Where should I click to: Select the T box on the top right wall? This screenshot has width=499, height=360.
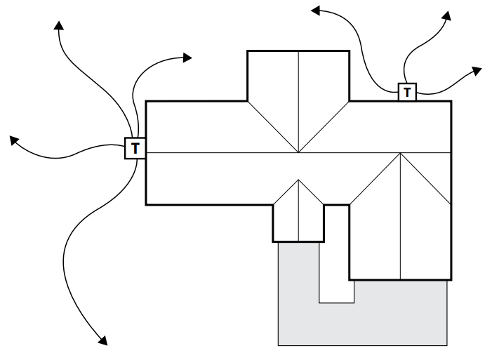[x=407, y=91]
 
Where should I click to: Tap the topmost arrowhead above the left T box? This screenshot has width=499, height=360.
[x=59, y=26]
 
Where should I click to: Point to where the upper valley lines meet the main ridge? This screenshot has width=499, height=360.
[x=299, y=152]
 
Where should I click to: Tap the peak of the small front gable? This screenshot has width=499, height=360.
[x=299, y=180]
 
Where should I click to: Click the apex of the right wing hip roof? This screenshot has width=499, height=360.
[x=401, y=156]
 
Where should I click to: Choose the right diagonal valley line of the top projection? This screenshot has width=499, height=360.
[x=325, y=126]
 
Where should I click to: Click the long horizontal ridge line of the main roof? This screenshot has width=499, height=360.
[x=211, y=152]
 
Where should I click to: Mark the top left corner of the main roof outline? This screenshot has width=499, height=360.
[x=146, y=102]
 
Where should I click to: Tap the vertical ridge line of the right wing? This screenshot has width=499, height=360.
[x=401, y=225]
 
